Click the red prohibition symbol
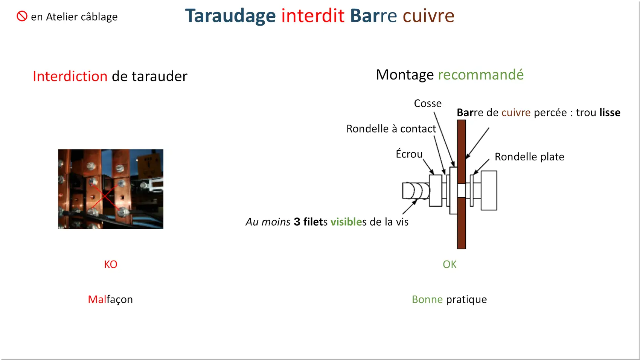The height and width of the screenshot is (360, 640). (22, 16)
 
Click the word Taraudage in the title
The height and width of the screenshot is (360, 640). (230, 16)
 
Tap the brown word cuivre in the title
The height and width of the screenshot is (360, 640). (428, 16)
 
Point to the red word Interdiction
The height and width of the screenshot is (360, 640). (70, 76)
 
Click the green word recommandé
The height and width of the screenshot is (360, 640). (481, 75)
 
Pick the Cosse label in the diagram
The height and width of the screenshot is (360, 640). (427, 104)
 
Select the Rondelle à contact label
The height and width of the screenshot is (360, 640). (391, 128)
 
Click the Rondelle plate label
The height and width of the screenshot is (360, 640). (529, 157)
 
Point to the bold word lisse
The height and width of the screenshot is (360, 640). (610, 113)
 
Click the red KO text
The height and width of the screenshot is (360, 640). (111, 264)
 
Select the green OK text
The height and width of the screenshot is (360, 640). (450, 264)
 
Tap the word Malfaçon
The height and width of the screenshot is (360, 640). (110, 300)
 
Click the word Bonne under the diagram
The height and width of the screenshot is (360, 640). (427, 299)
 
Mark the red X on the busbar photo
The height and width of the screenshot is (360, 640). (105, 196)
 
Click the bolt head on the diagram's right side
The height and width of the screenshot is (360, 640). (489, 191)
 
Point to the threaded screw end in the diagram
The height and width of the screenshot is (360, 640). (416, 191)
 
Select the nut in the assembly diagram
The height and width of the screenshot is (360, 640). (436, 191)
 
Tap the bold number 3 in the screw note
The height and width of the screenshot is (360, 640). (297, 222)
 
